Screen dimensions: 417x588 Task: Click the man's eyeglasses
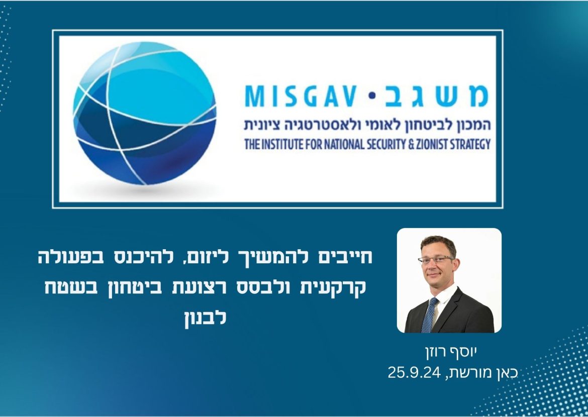436,259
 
